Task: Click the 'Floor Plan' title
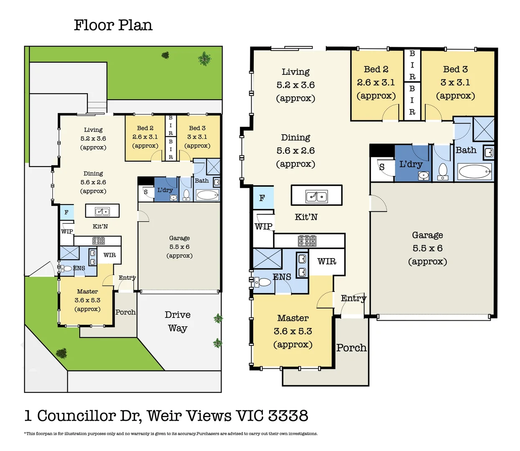click(x=113, y=25)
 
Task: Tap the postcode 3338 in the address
click(x=288, y=416)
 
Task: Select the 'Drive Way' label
click(x=178, y=322)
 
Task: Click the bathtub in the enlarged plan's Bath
click(x=475, y=172)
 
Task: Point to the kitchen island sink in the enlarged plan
click(x=316, y=196)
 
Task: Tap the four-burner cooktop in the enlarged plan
click(x=307, y=241)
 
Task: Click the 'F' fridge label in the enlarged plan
click(x=262, y=198)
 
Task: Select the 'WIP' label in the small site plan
click(x=67, y=231)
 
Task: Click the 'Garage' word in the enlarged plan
click(x=427, y=235)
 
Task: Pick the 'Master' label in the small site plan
click(x=87, y=291)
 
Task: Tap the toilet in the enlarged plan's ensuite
click(x=263, y=282)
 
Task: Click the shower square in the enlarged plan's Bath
click(x=484, y=129)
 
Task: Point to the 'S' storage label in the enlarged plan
click(x=382, y=167)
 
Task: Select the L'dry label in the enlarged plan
click(x=410, y=164)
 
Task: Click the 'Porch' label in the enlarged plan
click(x=352, y=348)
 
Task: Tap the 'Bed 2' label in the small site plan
click(x=145, y=128)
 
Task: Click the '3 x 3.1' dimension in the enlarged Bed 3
click(x=455, y=82)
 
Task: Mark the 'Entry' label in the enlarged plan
click(x=353, y=298)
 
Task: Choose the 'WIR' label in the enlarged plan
click(x=326, y=261)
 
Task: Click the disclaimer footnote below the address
click(x=171, y=434)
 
